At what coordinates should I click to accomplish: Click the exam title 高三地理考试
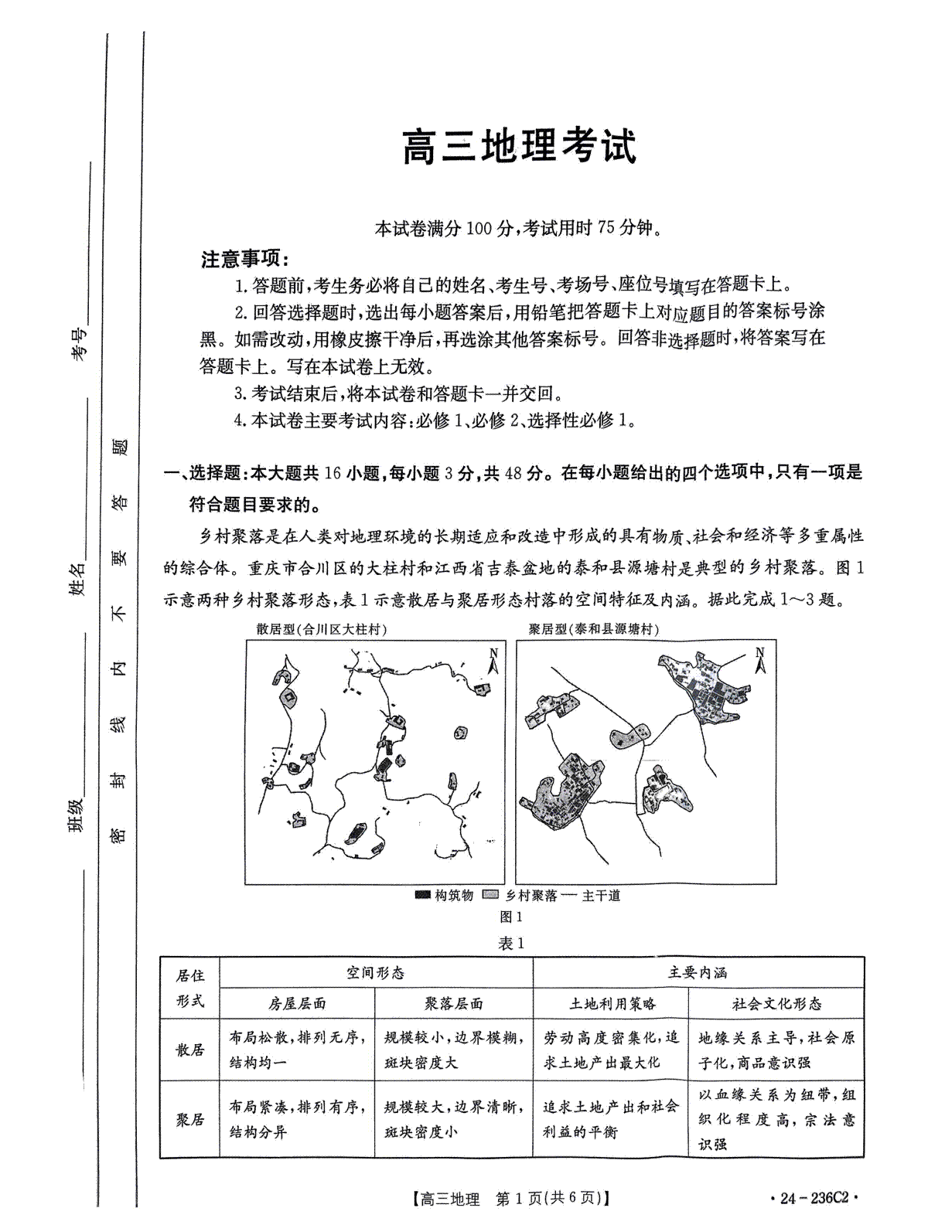click(x=518, y=147)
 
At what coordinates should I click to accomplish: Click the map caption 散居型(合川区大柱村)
click(x=322, y=630)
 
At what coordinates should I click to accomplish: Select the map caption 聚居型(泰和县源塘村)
click(x=593, y=630)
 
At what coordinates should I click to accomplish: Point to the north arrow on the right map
click(x=759, y=659)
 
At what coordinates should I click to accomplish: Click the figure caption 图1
click(x=513, y=917)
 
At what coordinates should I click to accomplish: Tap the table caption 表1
click(x=513, y=944)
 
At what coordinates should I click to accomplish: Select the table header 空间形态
click(x=376, y=972)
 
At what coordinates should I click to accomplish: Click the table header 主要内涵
click(x=698, y=972)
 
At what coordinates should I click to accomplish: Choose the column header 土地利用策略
click(x=612, y=1004)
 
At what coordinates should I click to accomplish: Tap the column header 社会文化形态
click(x=776, y=1004)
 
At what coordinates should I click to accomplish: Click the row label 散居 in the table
click(x=190, y=1050)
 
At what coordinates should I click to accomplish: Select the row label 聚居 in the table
click(x=190, y=1119)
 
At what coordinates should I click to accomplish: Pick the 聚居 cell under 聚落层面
click(x=454, y=1119)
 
